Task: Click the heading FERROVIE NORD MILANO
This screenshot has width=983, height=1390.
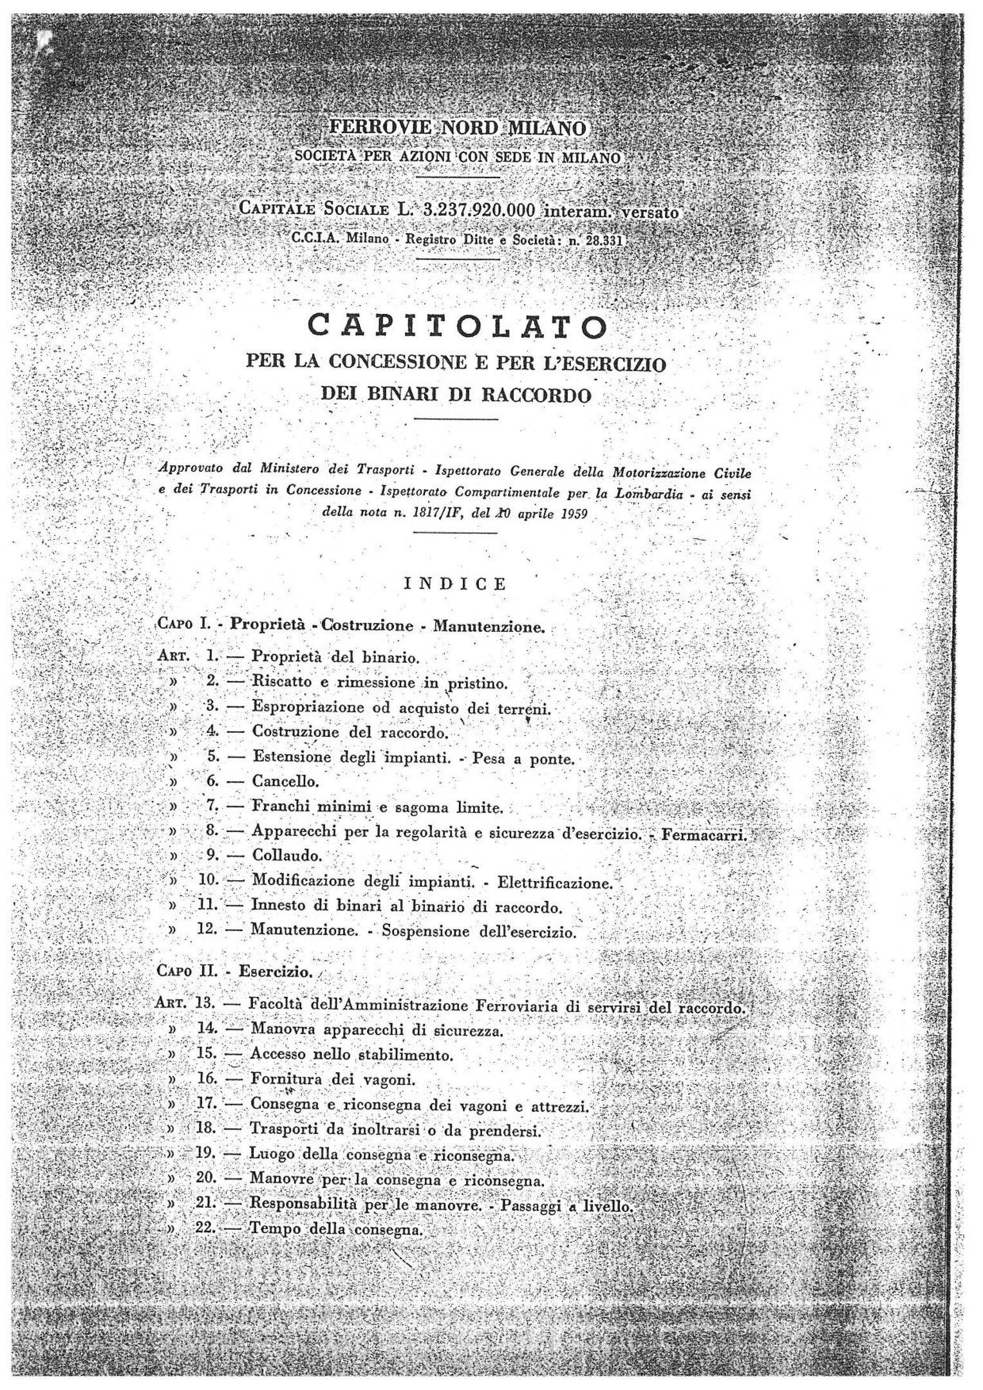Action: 457,128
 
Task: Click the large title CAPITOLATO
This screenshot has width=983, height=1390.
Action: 458,327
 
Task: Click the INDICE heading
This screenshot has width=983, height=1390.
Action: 455,584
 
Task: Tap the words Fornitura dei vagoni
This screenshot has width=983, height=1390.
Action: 333,1079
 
